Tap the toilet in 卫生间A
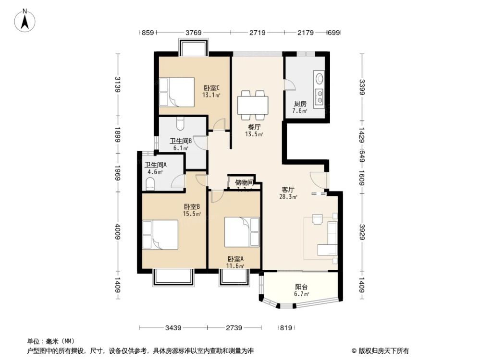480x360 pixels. coord(149,183)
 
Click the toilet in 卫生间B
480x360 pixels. coord(179,124)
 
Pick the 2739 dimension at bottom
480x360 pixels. coord(235,328)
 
